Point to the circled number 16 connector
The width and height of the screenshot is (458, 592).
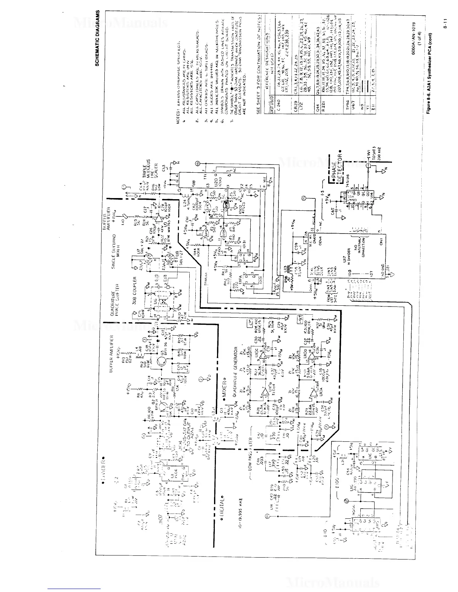point(198,164)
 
